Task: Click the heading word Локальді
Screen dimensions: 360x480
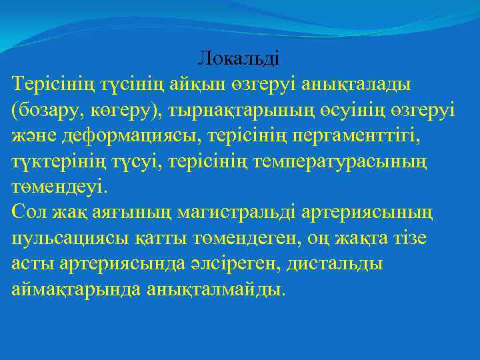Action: (x=239, y=59)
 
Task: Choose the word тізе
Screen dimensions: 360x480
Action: (x=409, y=237)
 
